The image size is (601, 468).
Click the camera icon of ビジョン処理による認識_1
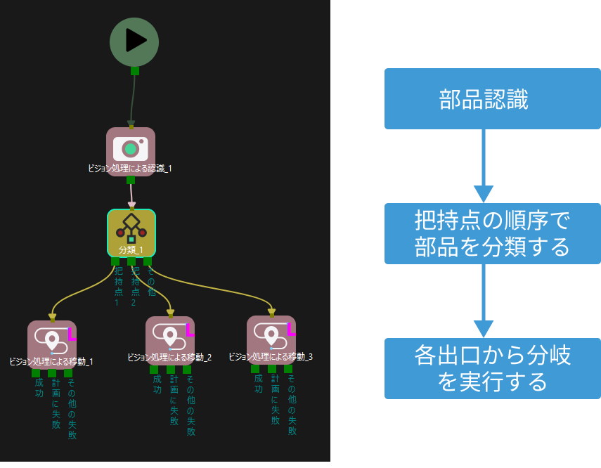click(130, 148)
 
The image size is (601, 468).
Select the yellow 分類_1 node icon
click(131, 230)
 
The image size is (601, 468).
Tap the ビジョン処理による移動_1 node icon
click(51, 340)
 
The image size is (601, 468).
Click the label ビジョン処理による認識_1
click(130, 169)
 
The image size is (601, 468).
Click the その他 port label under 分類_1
click(151, 281)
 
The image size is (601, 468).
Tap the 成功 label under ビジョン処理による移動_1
click(39, 389)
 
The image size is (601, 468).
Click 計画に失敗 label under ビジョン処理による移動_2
click(174, 400)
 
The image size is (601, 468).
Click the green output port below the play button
click(134, 70)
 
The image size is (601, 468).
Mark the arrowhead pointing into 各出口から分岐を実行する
click(484, 329)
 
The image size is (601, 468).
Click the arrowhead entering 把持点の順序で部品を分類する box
click(484, 194)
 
